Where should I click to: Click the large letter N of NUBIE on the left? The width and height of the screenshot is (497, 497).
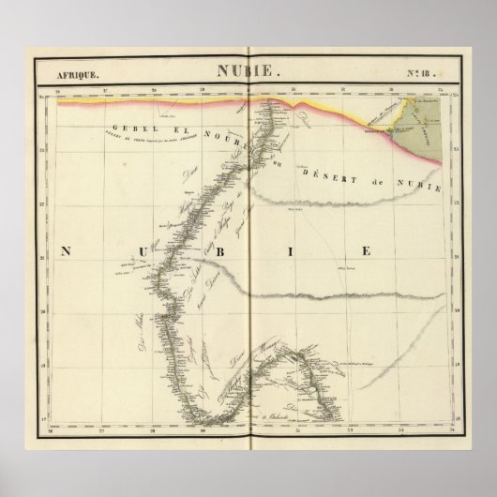68,250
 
